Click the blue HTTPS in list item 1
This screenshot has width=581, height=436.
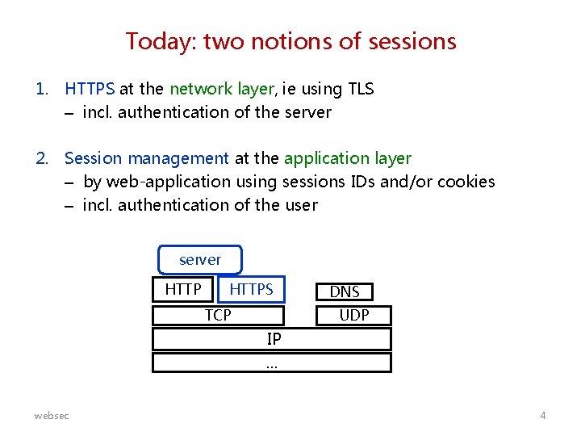[90, 89]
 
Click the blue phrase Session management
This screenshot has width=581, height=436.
[146, 158]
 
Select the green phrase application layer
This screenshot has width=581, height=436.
[348, 158]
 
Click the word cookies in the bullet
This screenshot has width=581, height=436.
[466, 182]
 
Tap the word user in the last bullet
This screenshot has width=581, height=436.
[301, 205]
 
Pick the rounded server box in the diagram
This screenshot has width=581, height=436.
[199, 260]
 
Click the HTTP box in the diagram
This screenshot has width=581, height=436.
[183, 289]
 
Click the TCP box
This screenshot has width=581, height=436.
[218, 315]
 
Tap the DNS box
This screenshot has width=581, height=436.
[345, 291]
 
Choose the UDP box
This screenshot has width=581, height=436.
[353, 315]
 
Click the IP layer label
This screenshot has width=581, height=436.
[273, 339]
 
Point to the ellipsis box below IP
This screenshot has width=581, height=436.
[272, 363]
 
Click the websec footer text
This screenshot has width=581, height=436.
[52, 415]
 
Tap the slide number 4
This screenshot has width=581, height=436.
[543, 415]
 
